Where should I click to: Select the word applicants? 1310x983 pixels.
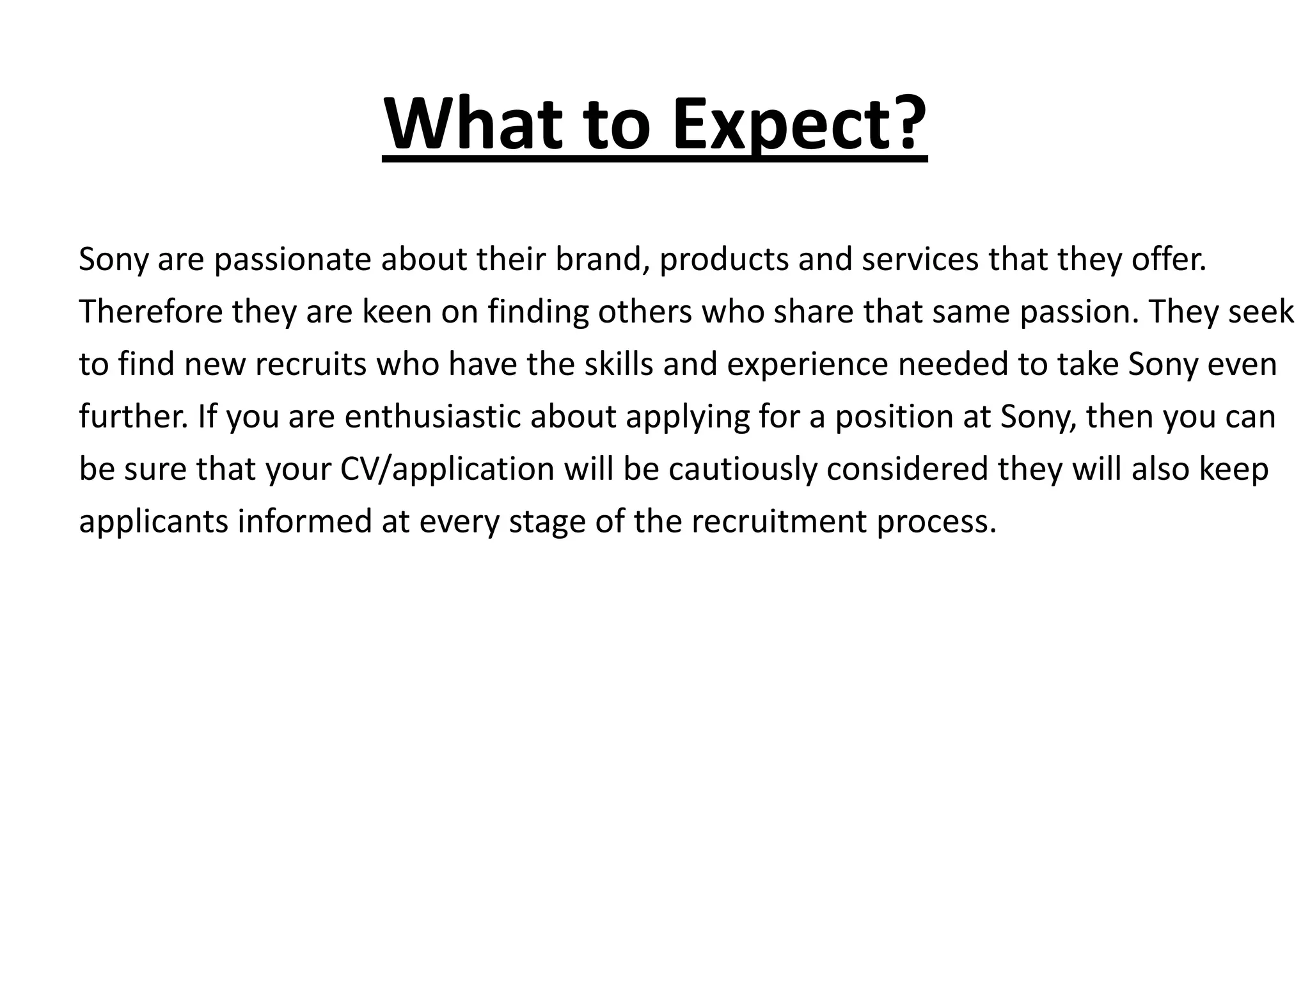pos(154,522)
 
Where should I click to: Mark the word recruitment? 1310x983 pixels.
pos(778,522)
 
